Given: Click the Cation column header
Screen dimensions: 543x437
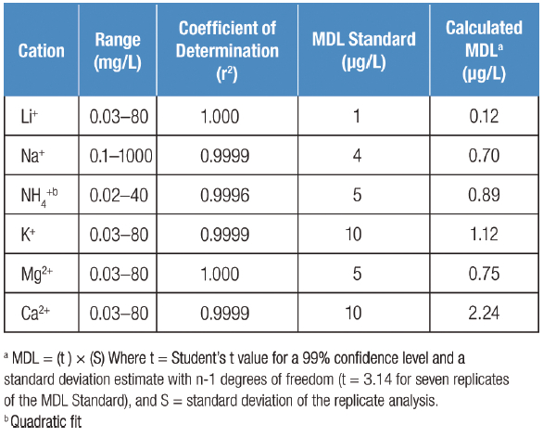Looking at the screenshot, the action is tap(41, 51).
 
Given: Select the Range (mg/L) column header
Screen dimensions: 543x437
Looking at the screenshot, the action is tap(118, 51).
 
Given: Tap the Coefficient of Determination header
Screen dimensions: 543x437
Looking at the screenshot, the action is tap(227, 51).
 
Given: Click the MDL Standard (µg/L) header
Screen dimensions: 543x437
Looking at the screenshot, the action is tap(363, 51).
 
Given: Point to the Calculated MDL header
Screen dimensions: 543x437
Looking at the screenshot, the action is tap(484, 51).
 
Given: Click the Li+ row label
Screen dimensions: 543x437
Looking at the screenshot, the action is tap(29, 116).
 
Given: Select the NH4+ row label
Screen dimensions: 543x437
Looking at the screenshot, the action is tap(39, 196).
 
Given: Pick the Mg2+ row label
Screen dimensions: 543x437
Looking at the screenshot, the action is tap(37, 275).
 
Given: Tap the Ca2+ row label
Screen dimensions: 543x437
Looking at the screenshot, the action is tap(35, 314).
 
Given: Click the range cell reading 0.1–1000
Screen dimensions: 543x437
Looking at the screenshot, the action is tap(120, 156).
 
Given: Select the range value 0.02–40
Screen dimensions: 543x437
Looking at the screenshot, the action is tap(119, 195).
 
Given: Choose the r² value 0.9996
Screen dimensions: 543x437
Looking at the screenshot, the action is tap(225, 195).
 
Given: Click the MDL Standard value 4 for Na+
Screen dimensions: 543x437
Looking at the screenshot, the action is tap(357, 155).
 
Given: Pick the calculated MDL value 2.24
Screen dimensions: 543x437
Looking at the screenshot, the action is tap(484, 313).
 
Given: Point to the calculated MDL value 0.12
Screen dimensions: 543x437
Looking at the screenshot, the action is tap(484, 116).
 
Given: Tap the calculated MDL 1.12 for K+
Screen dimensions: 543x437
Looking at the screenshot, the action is tap(484, 234).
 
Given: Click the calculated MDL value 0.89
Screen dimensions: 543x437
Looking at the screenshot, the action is tap(484, 195).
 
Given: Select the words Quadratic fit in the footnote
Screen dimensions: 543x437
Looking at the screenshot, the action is tap(46, 422).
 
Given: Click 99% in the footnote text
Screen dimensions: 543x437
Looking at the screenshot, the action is tap(316, 358).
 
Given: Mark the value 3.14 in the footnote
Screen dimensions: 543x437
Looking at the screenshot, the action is tap(378, 379).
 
